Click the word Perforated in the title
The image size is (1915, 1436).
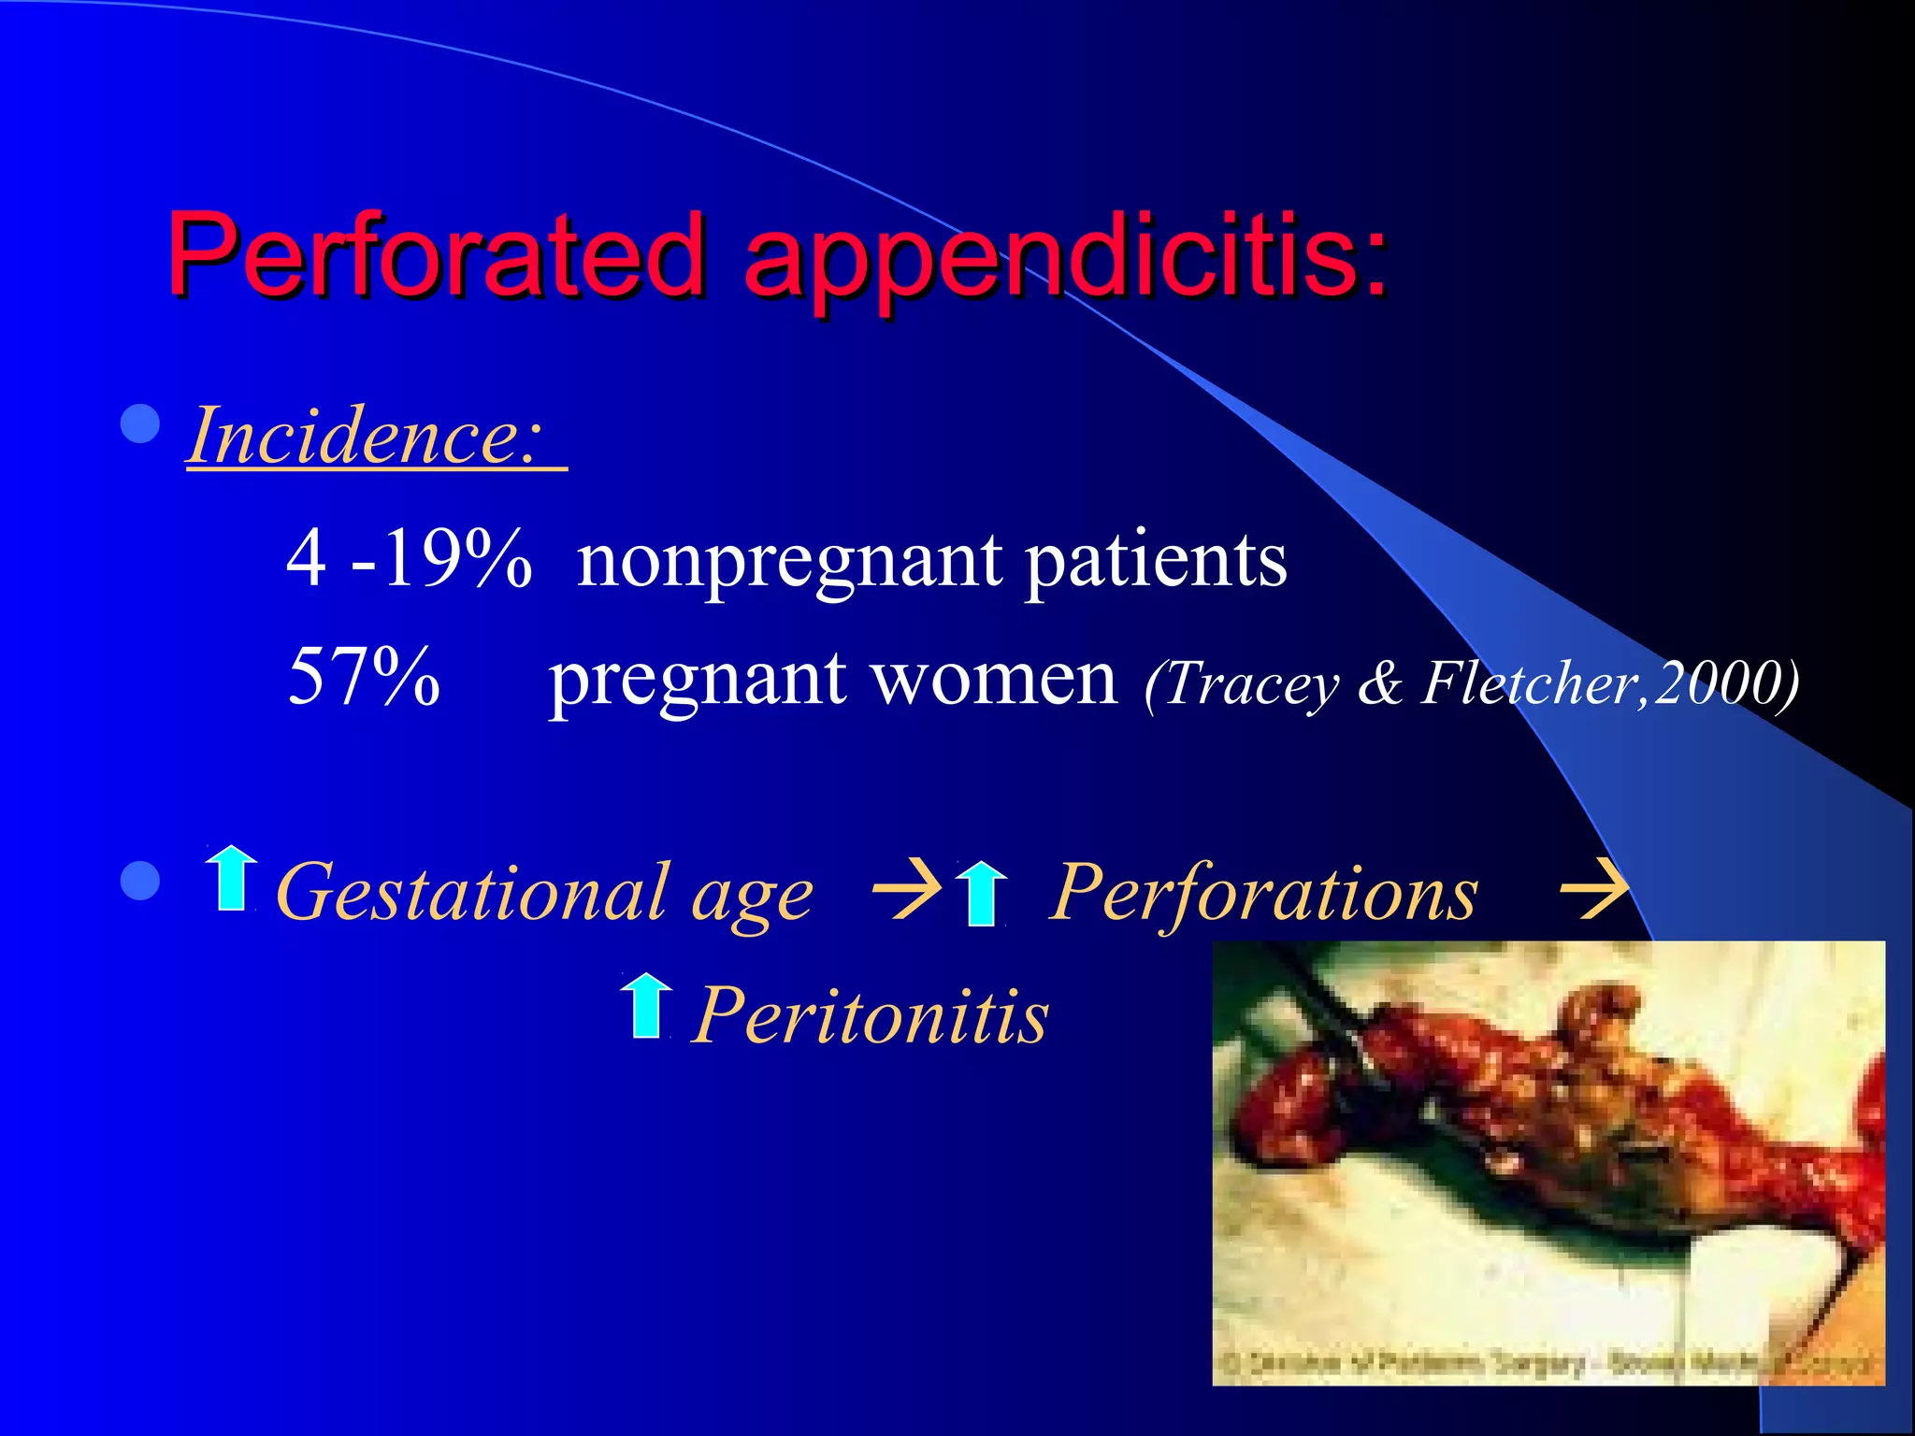435,254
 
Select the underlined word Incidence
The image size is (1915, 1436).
365,437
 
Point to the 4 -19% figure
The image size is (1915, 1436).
409,559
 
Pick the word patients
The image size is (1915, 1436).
1156,561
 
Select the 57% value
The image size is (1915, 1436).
364,676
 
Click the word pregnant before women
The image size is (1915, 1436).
698,681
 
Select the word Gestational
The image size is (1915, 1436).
472,893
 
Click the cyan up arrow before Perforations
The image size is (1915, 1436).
982,893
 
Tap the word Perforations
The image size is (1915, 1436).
1263,893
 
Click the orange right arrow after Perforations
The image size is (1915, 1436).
1593,889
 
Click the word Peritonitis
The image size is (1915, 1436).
871,1016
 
